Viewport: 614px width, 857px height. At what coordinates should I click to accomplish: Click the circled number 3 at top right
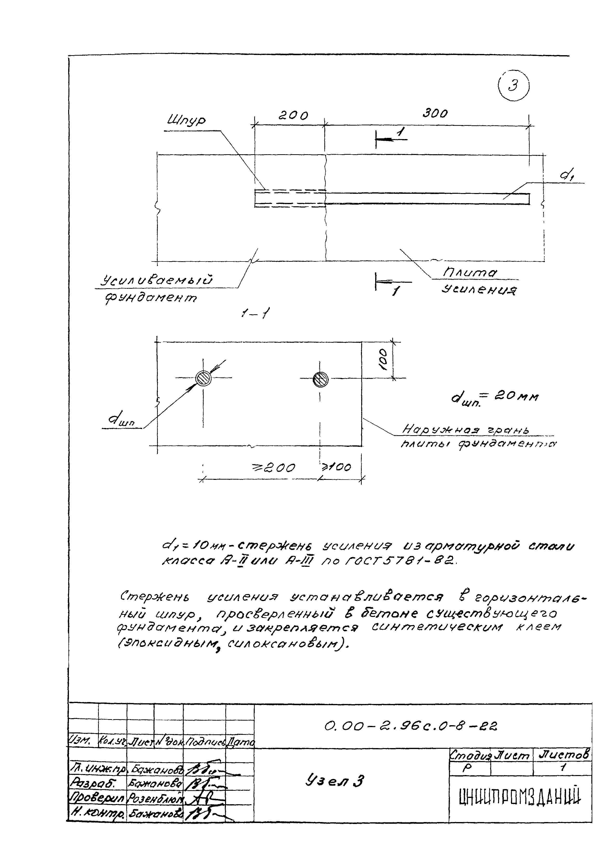click(x=513, y=86)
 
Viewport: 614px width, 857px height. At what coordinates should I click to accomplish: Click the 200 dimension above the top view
click(x=293, y=115)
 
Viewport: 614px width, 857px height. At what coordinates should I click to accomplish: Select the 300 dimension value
click(x=435, y=113)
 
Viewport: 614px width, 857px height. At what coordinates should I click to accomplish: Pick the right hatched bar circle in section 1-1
click(x=320, y=379)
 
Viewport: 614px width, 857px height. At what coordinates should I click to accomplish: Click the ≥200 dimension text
click(x=274, y=468)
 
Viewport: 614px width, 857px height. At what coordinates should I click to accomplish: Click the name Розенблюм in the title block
click(x=155, y=798)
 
